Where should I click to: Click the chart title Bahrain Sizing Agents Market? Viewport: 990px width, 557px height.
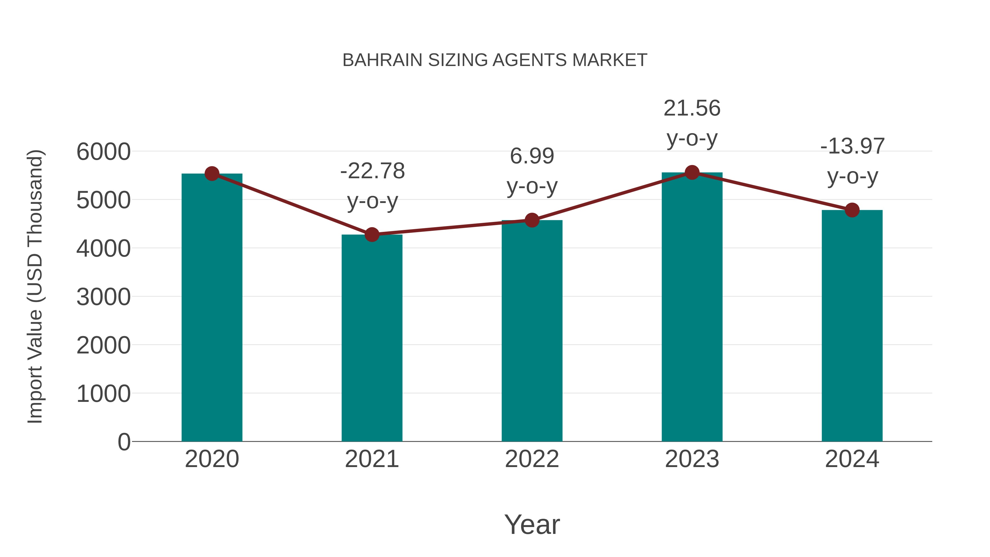[495, 60]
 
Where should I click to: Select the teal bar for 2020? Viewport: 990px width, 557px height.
[212, 308]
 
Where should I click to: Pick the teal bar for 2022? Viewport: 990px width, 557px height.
[532, 331]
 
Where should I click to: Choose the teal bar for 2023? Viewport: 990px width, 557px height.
[692, 308]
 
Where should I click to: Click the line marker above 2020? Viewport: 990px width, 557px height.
[212, 174]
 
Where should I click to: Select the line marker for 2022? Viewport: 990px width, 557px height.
[532, 220]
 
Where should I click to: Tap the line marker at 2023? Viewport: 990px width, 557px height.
[692, 172]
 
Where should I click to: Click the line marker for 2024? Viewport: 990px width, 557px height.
[852, 210]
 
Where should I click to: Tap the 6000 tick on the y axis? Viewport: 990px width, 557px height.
[103, 152]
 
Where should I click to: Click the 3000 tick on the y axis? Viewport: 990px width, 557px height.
[103, 297]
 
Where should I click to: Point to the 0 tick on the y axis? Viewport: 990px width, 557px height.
[124, 442]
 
